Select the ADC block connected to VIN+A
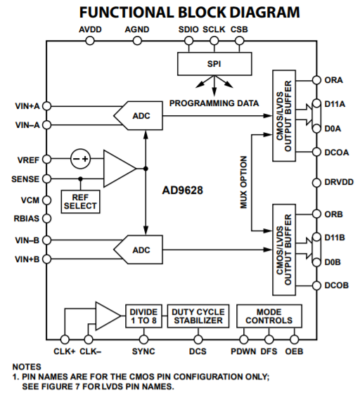pos(141,115)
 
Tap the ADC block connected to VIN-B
pos(141,249)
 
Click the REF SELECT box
pos(80,201)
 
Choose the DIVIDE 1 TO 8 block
pos(143,315)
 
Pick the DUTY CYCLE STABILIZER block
pos(198,315)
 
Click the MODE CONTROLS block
pos(269,315)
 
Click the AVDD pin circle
pos(89,41)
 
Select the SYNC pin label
pos(143,350)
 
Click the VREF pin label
pos(28,160)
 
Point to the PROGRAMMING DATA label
pos(214,103)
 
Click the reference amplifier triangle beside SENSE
pos(117,169)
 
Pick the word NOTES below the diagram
pos(27,366)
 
